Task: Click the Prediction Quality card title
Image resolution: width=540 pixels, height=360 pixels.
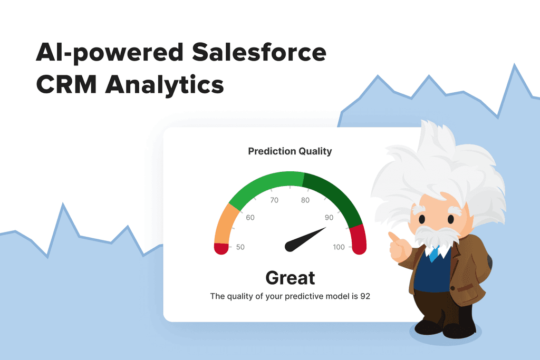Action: (290, 151)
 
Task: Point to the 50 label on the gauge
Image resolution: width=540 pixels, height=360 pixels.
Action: (240, 247)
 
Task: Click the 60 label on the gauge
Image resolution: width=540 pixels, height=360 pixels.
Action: (250, 218)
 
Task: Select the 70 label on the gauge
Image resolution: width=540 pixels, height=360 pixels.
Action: (274, 200)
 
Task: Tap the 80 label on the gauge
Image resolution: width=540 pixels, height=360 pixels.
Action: (305, 200)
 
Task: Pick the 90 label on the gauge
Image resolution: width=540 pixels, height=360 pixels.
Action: (329, 218)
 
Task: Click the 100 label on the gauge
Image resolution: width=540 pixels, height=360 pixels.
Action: (339, 247)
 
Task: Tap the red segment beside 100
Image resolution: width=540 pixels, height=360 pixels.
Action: (358, 240)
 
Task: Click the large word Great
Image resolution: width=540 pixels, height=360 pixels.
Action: (290, 278)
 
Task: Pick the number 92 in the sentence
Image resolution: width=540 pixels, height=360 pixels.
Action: (365, 296)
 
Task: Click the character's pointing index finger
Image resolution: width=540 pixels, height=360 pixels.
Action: (392, 236)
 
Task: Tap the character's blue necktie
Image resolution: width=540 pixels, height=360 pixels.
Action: (433, 254)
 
